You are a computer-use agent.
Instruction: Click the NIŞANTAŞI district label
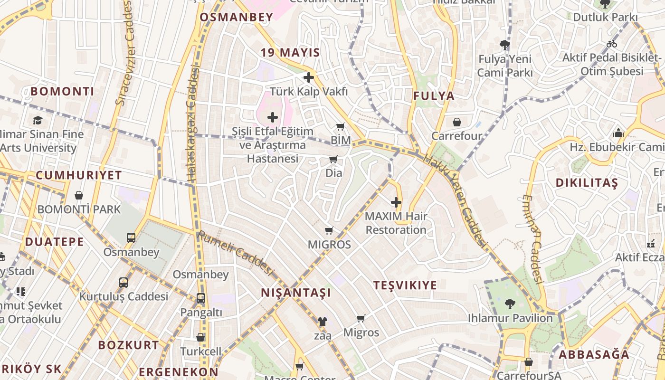click(x=295, y=293)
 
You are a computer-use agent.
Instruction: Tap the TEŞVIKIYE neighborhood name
click(x=405, y=285)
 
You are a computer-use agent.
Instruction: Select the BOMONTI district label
click(x=62, y=91)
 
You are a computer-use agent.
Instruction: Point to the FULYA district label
click(x=434, y=96)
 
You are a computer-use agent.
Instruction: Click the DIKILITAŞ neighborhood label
click(x=587, y=183)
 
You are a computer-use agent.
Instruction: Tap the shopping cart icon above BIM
click(x=340, y=126)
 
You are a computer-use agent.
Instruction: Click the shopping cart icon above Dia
click(x=333, y=159)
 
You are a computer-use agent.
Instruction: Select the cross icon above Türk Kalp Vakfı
click(x=309, y=77)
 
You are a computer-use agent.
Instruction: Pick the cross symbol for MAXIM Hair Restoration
click(x=396, y=202)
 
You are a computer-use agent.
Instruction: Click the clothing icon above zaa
click(x=323, y=322)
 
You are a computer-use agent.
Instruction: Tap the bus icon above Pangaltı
click(x=201, y=298)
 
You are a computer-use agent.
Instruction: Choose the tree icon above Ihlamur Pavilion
click(x=510, y=304)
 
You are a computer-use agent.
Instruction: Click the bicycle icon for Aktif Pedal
click(x=612, y=44)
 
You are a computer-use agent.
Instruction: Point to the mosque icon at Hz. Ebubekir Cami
click(x=618, y=133)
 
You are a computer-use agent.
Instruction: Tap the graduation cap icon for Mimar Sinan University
click(x=38, y=120)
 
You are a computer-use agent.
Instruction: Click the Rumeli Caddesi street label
click(x=236, y=253)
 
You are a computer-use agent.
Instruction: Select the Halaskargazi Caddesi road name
click(x=192, y=123)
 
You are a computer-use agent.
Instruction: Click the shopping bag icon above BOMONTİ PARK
click(x=79, y=195)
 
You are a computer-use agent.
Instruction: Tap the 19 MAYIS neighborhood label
click(x=290, y=53)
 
